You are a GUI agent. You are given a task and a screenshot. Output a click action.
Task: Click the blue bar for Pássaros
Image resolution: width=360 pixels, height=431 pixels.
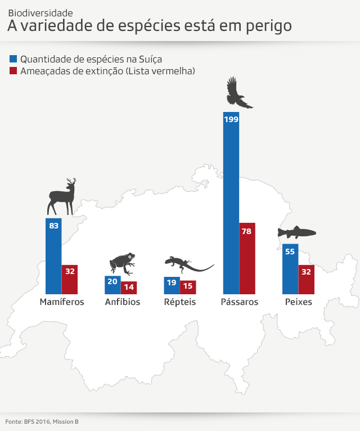231,203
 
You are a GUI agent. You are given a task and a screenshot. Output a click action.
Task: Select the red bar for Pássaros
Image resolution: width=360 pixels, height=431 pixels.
247,258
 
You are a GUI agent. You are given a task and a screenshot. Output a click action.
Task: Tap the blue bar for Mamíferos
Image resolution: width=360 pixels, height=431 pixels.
53,256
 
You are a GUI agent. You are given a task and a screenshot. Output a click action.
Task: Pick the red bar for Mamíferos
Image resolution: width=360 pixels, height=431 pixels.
70,279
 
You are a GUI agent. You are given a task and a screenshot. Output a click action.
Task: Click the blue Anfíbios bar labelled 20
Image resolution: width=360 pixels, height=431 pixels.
112,285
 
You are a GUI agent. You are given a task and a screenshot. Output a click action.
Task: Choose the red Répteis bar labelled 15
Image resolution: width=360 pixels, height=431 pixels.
188,287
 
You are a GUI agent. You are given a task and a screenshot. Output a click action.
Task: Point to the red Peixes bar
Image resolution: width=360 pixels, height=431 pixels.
307,279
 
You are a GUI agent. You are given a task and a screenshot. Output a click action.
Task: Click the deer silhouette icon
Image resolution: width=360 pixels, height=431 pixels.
62,197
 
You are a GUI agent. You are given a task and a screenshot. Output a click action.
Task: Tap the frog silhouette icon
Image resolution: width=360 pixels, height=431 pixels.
122,263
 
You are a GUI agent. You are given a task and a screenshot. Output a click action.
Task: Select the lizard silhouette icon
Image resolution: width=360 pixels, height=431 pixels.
188,263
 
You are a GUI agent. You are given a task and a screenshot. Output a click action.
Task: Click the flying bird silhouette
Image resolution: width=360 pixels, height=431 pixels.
238,93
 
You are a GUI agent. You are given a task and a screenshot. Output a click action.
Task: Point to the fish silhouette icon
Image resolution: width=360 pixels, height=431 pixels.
296,232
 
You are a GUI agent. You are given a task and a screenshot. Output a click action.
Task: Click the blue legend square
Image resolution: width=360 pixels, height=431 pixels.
13,59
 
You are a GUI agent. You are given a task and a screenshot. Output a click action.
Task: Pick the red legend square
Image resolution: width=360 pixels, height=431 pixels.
13,71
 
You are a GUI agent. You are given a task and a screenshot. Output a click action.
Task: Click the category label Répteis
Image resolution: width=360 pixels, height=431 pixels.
180,302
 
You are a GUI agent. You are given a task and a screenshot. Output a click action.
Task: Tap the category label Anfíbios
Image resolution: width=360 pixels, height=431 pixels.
123,302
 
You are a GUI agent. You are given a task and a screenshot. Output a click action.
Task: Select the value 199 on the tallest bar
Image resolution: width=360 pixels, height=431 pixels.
231,119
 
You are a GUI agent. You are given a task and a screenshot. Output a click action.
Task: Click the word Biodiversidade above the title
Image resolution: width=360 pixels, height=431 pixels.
40,12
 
